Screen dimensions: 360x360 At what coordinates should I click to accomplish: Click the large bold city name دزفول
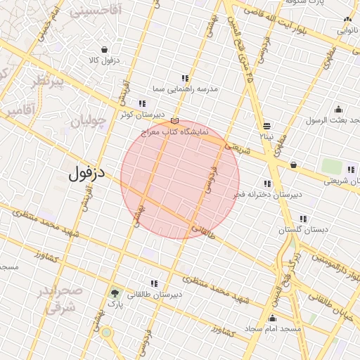(86, 174)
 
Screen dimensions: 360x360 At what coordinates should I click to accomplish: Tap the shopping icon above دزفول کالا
(105, 49)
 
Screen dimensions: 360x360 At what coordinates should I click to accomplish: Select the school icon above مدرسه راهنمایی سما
(185, 78)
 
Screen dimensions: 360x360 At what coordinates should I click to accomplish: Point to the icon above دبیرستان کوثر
(143, 103)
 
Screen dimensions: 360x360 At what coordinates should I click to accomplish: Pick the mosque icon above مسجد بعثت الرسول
(338, 109)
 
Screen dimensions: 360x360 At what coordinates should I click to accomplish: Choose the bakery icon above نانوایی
(347, 20)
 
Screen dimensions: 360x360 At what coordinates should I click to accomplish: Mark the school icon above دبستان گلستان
(303, 219)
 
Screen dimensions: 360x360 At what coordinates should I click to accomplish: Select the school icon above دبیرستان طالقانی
(154, 283)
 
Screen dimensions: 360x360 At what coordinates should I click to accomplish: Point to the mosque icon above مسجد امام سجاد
(273, 318)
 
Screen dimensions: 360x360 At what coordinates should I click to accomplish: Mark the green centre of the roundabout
(106, 332)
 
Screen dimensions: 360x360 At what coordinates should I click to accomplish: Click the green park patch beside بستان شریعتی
(331, 167)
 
